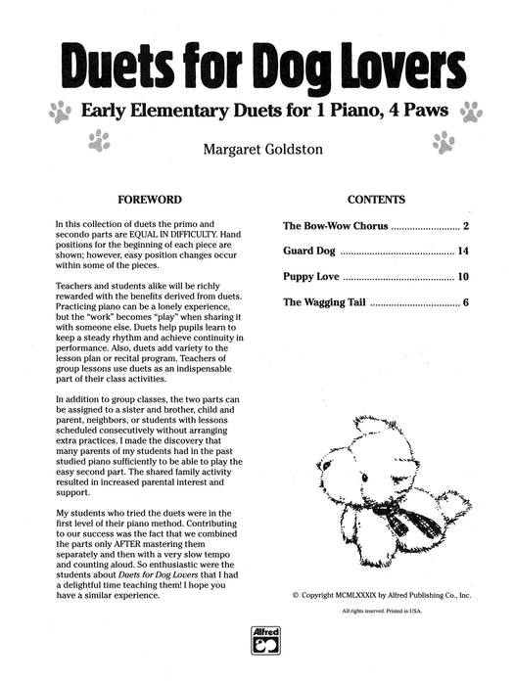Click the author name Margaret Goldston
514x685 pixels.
[257, 151]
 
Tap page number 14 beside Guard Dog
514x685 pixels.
[463, 251]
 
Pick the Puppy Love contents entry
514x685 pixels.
[312, 277]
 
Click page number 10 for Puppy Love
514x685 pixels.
[463, 277]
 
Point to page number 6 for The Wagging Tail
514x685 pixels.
[467, 302]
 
